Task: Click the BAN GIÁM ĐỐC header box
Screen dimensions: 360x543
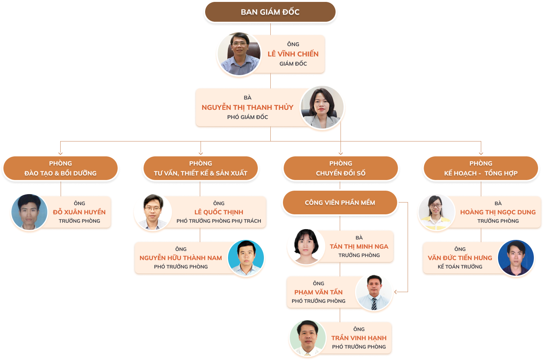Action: [x=270, y=12]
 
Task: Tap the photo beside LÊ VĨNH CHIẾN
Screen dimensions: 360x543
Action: [x=239, y=55]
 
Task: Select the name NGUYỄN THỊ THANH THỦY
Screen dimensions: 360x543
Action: [x=247, y=108]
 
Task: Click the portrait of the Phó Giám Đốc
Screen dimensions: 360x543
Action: [x=323, y=108]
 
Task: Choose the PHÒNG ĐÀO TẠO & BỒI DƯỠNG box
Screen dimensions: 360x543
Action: [x=61, y=168]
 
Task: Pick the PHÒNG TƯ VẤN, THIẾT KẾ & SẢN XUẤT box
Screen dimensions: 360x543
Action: [x=201, y=168]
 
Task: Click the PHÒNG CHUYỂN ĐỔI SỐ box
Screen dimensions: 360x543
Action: [x=341, y=168]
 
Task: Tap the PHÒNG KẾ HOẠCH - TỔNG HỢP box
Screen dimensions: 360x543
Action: [x=481, y=168]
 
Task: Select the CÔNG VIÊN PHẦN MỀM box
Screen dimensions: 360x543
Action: [x=340, y=202]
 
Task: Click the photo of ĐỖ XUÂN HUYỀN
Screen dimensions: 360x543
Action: [x=29, y=213]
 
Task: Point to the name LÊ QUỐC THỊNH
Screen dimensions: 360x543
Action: [x=219, y=212]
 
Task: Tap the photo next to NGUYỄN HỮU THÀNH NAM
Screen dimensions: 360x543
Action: [x=246, y=258]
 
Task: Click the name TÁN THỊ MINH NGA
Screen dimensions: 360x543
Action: [x=359, y=246]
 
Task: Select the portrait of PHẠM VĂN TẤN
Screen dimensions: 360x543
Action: [x=374, y=292]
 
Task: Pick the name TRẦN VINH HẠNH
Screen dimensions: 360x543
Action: [x=359, y=338]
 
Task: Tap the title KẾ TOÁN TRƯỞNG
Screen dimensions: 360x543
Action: [x=460, y=267]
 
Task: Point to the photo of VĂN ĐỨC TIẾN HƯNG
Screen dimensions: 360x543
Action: [x=516, y=258]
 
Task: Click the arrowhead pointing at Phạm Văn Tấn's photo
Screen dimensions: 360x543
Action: [x=396, y=292]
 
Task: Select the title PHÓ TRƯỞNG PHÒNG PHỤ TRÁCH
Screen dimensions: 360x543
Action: [x=219, y=221]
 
